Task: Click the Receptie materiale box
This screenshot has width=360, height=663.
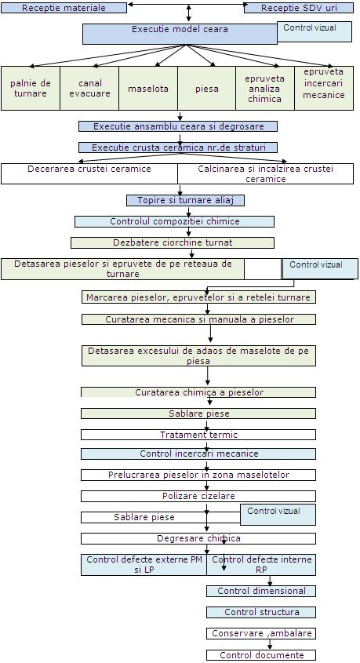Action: point(64,8)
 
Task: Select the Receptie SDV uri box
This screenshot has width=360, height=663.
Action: point(299,8)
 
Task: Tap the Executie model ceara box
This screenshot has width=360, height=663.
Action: point(180,34)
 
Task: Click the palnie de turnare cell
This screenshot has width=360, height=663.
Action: point(31,89)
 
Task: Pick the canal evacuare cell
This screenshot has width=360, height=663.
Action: point(89,89)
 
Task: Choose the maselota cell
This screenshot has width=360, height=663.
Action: point(148,89)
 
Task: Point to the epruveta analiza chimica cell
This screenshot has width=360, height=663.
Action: point(265,89)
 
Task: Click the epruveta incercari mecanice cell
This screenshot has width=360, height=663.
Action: point(324,89)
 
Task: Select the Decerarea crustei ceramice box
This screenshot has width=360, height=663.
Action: point(89,173)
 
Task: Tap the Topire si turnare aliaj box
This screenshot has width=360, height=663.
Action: point(186,200)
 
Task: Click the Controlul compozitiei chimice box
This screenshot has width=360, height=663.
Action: point(174,221)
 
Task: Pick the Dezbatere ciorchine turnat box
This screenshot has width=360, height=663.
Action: point(173,242)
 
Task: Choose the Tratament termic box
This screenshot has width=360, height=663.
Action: point(198,435)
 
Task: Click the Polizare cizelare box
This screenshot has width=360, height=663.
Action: point(198,496)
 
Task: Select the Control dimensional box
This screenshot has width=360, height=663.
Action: point(261,591)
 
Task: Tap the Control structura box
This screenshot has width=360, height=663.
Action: point(261,612)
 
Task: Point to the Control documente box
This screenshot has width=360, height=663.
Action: point(261,655)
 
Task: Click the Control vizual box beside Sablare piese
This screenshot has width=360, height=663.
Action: point(278,515)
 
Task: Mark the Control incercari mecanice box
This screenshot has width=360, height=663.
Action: point(198,454)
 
